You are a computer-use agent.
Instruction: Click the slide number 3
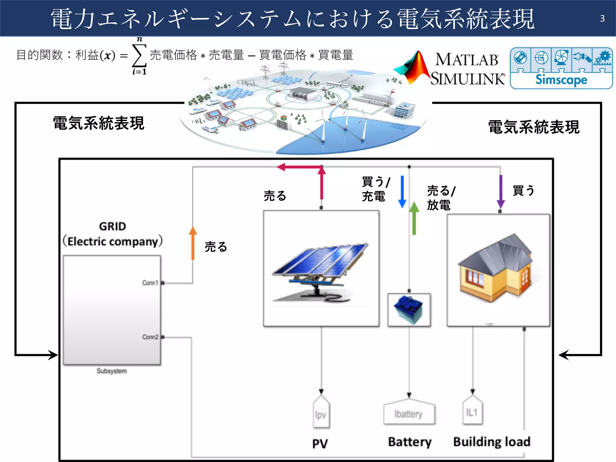point(602,19)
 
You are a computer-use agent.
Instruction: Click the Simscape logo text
point(561,80)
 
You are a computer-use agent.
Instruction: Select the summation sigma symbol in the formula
point(139,56)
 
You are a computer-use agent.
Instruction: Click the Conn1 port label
point(150,283)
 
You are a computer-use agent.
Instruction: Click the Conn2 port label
point(150,337)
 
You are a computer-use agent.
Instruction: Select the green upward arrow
point(414,218)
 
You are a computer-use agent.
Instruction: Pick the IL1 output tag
point(472,412)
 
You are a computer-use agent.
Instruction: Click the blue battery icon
point(409,310)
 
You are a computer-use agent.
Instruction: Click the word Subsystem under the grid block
point(112,371)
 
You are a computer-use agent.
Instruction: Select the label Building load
point(492,442)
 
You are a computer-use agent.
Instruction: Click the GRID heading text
point(112,226)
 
